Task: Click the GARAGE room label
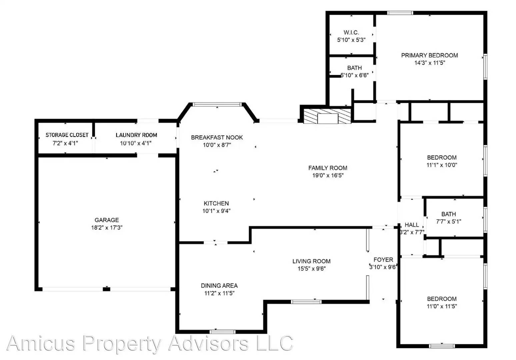(107, 220)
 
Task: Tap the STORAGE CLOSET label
(67, 135)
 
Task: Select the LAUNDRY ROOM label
(136, 135)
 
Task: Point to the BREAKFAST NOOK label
(217, 137)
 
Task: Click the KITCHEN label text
(216, 203)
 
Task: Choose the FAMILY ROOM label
(328, 168)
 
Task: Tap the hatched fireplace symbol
(327, 116)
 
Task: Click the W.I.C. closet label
(351, 33)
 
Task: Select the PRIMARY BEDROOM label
(429, 55)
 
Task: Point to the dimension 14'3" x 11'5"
(430, 63)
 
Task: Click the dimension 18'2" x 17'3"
(107, 228)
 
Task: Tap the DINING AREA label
(219, 286)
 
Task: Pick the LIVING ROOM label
(311, 261)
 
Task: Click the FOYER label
(383, 260)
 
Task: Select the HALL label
(412, 225)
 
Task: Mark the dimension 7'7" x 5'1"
(449, 222)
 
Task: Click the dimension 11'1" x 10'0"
(442, 165)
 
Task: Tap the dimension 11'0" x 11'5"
(442, 306)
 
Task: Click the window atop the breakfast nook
(217, 104)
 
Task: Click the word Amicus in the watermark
(41, 343)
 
